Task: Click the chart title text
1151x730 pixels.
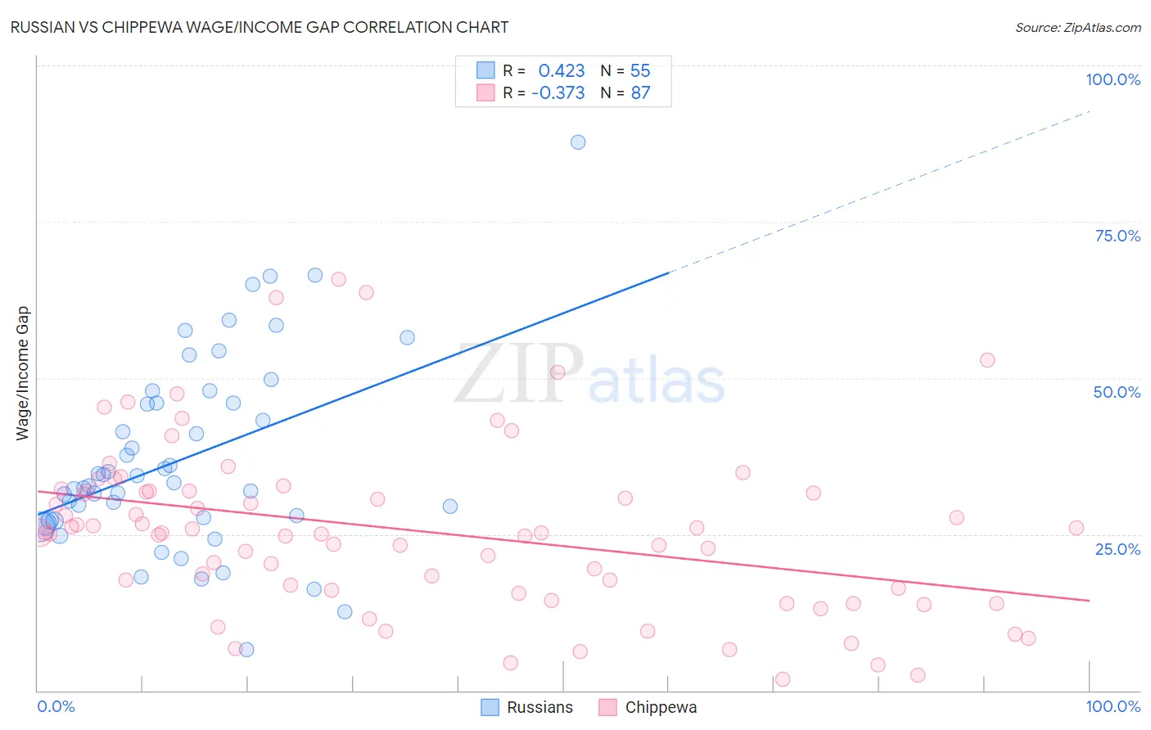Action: [x=259, y=27]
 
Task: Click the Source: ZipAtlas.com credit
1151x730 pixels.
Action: [x=1077, y=27]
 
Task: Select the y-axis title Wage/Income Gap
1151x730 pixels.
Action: [x=22, y=373]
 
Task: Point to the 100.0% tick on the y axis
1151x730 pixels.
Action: [x=1113, y=79]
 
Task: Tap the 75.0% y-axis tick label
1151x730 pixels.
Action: [x=1117, y=236]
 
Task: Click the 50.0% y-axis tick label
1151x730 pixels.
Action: [x=1117, y=392]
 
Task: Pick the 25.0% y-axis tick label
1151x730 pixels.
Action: [x=1117, y=548]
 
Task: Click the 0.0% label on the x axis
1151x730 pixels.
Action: [x=56, y=706]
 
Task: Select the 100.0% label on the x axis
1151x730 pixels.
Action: [x=1113, y=706]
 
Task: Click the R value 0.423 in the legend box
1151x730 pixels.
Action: [x=562, y=70]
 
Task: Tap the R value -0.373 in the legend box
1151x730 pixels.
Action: [x=558, y=92]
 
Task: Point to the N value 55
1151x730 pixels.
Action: [x=640, y=70]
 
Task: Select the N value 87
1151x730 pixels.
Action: [x=640, y=92]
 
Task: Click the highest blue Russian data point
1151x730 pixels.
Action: [x=578, y=142]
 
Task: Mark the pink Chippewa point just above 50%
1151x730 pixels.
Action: [x=987, y=360]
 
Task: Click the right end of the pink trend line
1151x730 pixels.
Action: [x=1089, y=601]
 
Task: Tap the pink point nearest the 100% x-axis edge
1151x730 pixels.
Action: [x=1077, y=528]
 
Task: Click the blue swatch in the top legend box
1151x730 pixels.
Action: [x=486, y=70]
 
